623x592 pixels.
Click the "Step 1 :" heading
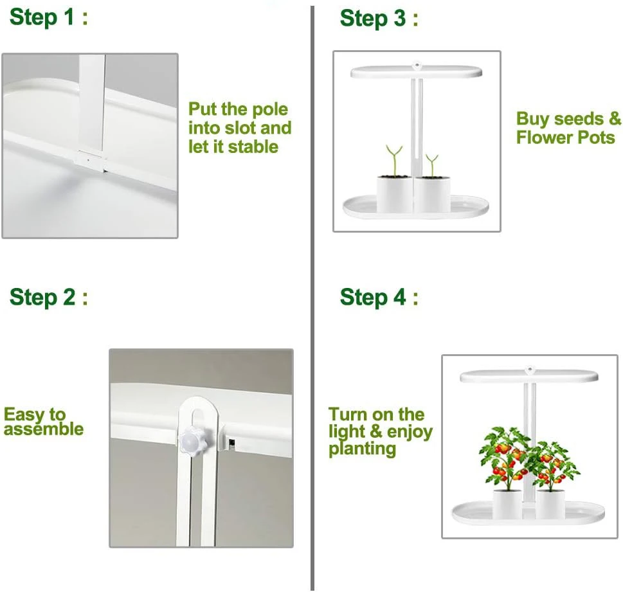(48, 17)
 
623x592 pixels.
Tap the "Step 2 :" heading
(48, 297)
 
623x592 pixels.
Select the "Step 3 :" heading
(379, 18)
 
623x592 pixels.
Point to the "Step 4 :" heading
(379, 297)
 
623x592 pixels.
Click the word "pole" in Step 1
(270, 109)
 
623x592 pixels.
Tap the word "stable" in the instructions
(253, 147)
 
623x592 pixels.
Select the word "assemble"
(44, 429)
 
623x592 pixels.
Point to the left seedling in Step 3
(394, 159)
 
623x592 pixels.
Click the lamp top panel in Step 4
(529, 376)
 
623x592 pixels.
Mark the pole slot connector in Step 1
(91, 161)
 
